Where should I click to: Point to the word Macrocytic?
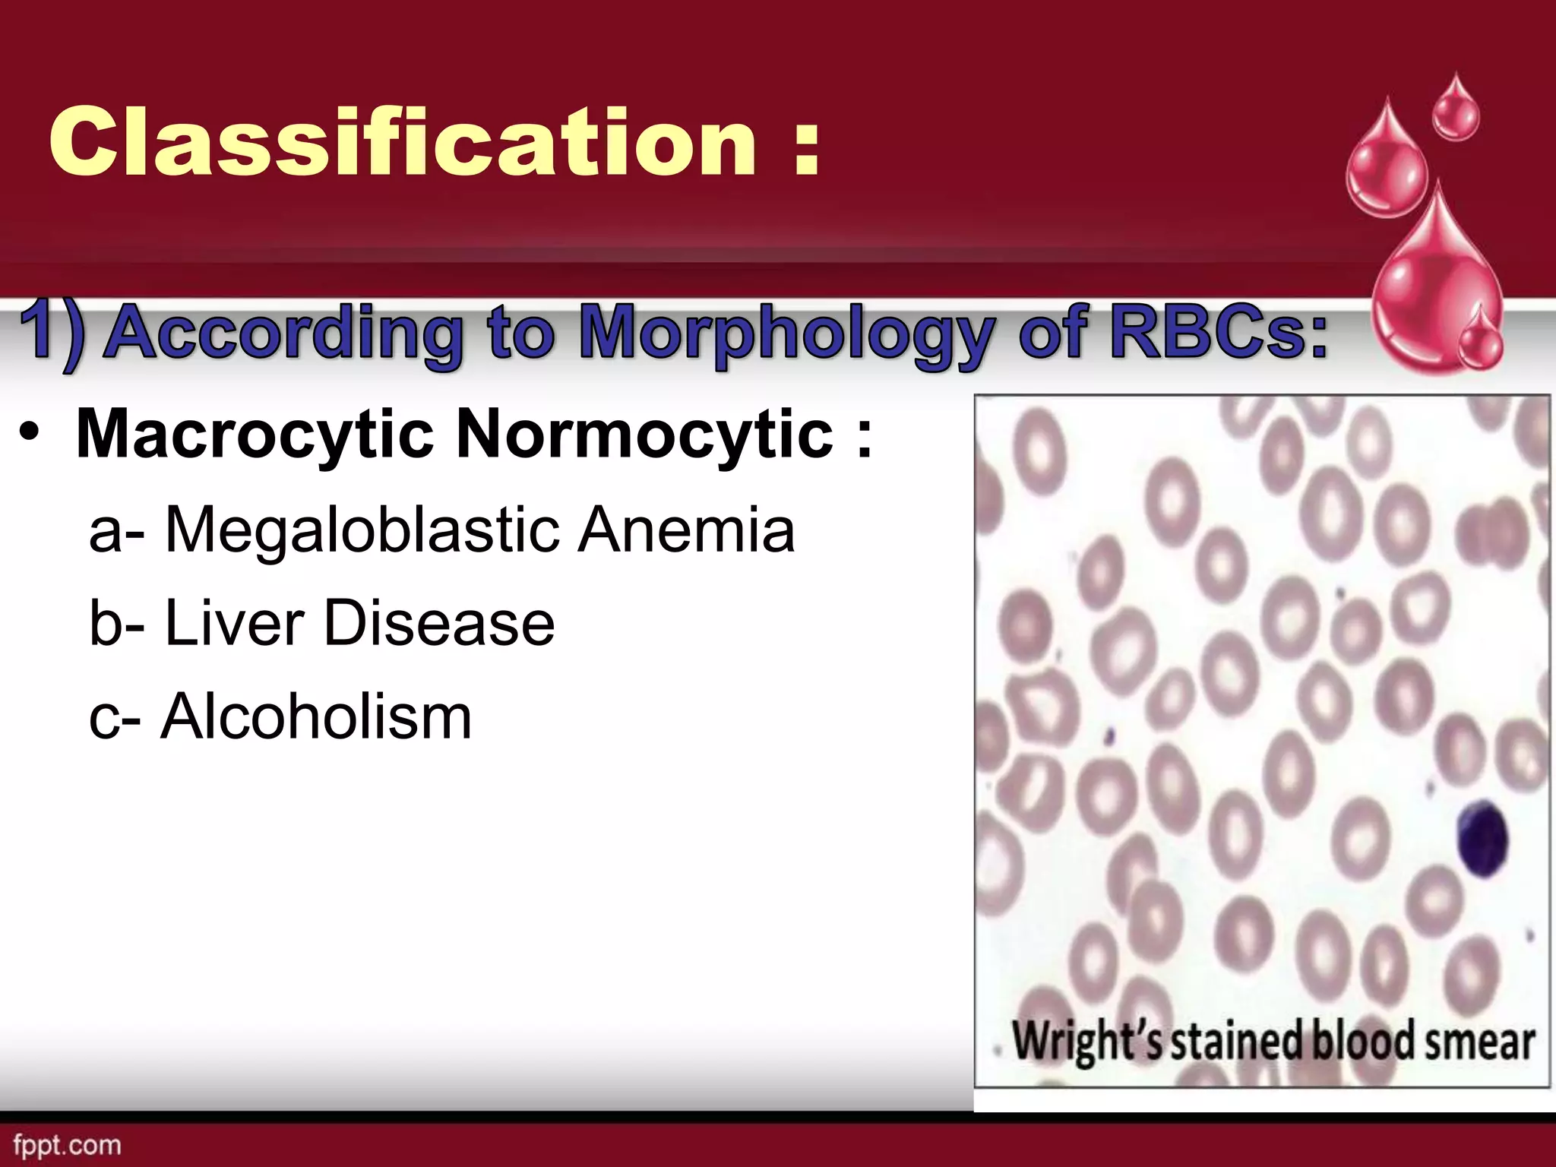pos(255,435)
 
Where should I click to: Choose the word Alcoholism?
pos(315,716)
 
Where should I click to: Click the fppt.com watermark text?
pos(67,1145)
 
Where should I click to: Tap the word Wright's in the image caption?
pos(1087,1040)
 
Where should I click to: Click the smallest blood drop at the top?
pos(1455,112)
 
